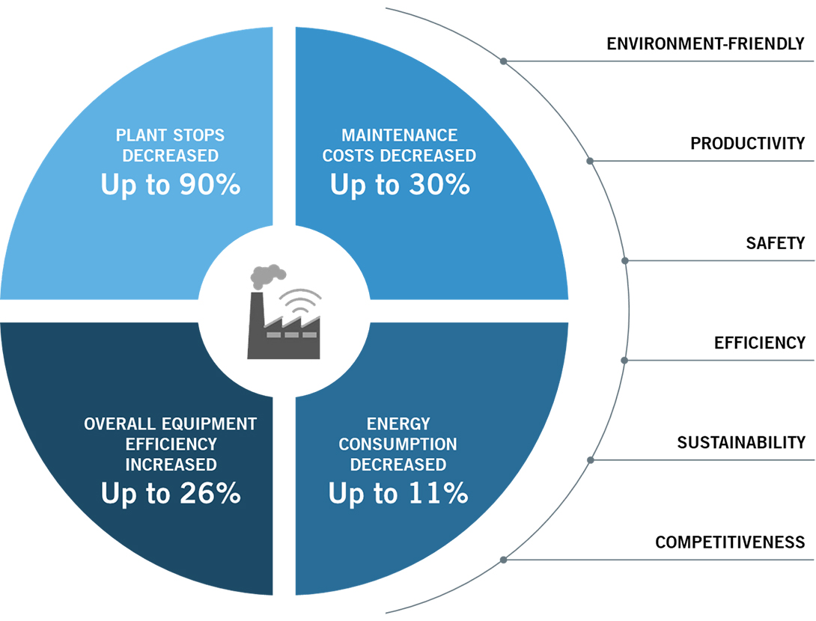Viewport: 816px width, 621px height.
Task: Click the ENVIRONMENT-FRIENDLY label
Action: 706,43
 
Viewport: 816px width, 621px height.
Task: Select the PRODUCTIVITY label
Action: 748,144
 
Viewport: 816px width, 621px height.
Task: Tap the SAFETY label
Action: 776,243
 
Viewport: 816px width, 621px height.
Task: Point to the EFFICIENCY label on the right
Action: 760,343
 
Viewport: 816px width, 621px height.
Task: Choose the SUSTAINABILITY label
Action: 741,443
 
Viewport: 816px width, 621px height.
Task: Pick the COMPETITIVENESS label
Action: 730,542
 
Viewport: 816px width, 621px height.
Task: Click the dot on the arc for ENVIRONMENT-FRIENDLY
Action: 503,61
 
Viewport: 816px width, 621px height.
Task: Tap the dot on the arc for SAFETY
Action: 625,260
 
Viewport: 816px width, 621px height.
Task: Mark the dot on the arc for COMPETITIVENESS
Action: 503,560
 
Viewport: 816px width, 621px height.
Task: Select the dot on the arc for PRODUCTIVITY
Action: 590,161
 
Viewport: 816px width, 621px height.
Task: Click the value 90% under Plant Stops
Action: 210,185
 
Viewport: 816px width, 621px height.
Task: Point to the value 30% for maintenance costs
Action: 439,185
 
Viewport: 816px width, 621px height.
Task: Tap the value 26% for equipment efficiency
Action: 210,493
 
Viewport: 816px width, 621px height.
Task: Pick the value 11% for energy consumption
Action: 438,493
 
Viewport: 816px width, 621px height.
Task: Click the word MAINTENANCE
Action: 399,135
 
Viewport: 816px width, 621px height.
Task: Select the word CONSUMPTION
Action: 398,444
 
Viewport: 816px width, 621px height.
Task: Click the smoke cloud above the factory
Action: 267,276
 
